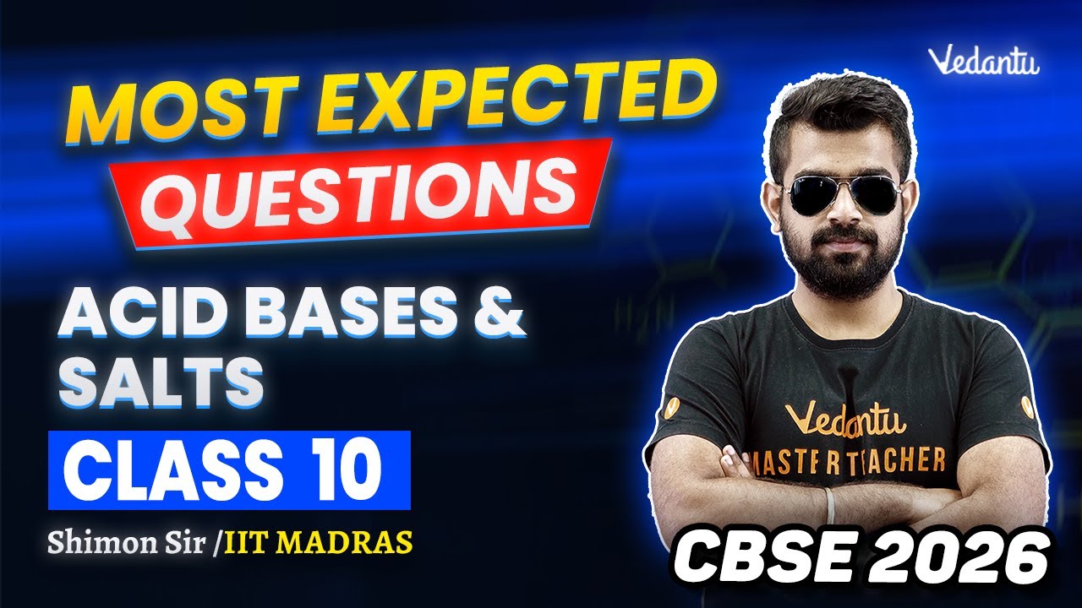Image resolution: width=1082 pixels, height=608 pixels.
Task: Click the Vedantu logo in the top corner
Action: coord(983,61)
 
